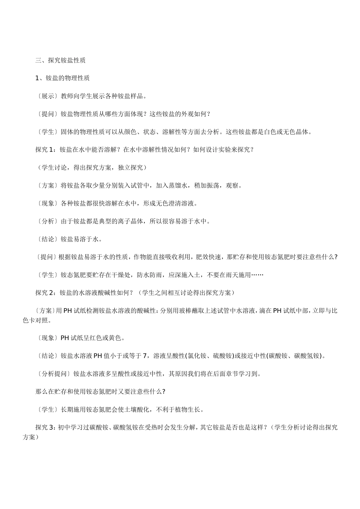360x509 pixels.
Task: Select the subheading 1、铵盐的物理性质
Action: click(62, 78)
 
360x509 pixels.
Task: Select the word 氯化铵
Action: click(197, 356)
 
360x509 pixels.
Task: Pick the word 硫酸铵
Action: click(219, 356)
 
